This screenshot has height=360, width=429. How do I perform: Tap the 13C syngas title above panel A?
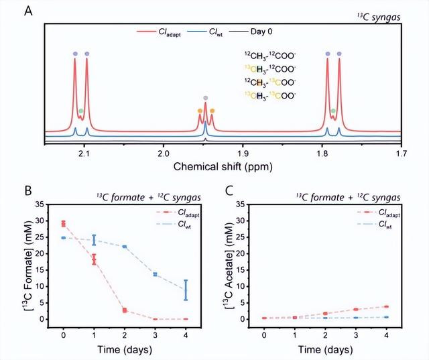[381, 15]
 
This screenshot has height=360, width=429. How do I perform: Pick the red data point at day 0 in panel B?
[63, 223]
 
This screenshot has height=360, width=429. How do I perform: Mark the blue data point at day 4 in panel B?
[186, 290]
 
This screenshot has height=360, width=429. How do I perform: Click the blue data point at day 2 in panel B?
[125, 247]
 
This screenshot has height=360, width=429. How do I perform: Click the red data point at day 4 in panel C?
[387, 306]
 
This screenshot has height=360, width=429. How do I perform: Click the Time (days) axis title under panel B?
[125, 349]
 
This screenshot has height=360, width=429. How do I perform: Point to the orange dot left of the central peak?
[199, 110]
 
